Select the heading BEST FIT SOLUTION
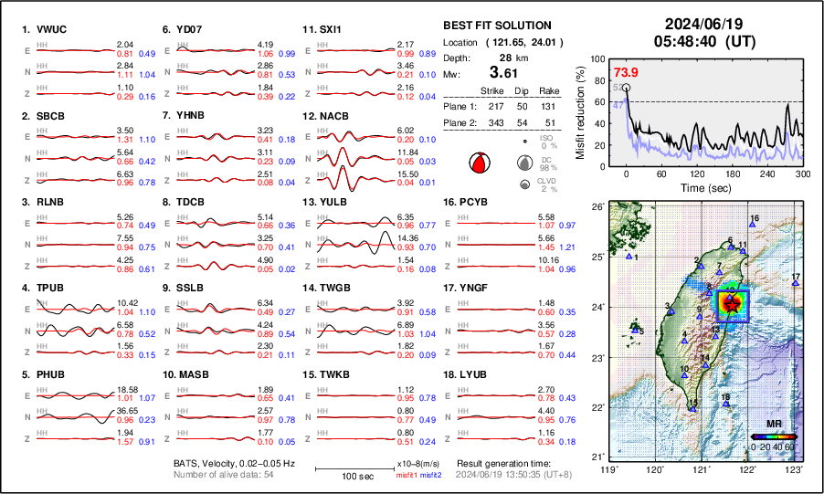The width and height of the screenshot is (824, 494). [497, 26]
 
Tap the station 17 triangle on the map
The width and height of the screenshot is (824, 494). [796, 284]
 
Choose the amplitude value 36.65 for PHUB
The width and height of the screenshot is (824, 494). [130, 410]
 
